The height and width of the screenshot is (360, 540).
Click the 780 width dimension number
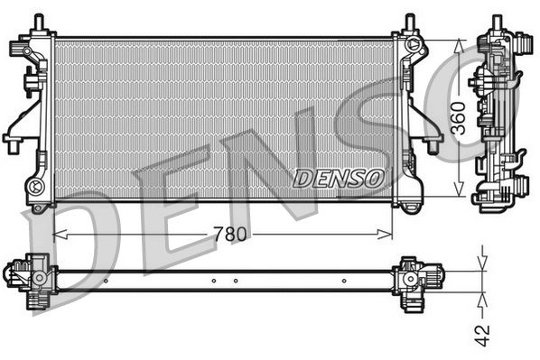tap(230, 235)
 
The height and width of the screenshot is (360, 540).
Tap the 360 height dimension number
tap(458, 117)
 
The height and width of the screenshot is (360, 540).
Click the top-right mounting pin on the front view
tap(409, 21)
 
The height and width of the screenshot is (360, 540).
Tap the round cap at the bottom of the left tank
tap(37, 188)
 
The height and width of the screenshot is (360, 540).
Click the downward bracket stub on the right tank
tap(432, 144)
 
